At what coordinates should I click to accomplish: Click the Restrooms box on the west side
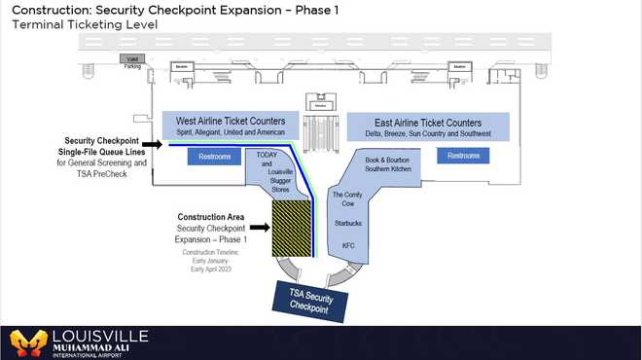[213, 156]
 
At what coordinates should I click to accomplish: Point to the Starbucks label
[347, 223]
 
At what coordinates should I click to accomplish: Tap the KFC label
[347, 245]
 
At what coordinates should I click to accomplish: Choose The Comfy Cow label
[347, 200]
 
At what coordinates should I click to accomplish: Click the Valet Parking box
[132, 61]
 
